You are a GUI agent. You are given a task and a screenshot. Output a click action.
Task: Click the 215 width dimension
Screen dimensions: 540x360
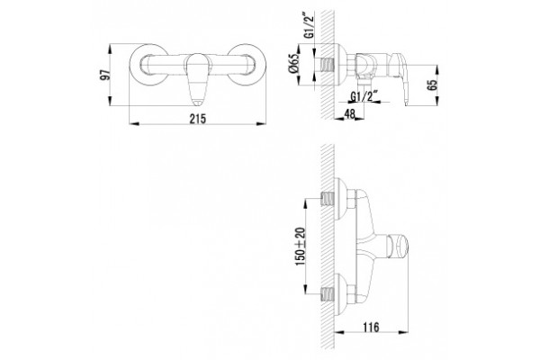pos(198,119)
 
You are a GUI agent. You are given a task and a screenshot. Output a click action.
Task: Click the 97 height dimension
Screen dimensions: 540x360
pos(106,75)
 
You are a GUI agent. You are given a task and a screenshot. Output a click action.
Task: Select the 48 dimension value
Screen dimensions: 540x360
pos(349,114)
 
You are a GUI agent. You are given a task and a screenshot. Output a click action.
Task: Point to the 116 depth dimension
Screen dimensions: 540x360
pos(371,327)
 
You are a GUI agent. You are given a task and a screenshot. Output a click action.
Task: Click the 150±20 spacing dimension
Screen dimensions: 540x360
pos(301,246)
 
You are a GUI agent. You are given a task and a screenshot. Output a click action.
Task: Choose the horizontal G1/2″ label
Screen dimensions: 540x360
pos(364,96)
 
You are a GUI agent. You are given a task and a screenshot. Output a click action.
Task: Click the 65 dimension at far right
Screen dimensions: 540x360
pos(432,85)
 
